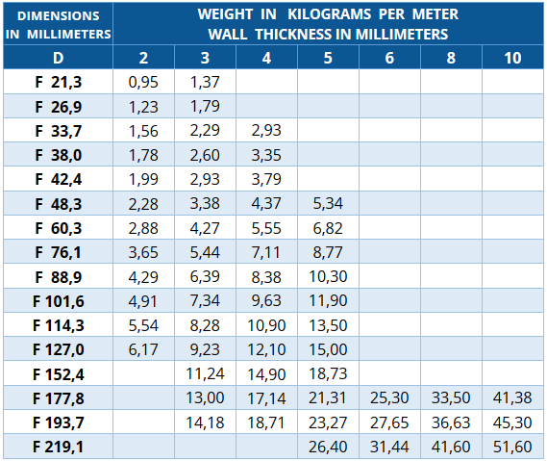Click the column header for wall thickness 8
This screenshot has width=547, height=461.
click(451, 58)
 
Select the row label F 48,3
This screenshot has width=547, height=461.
click(59, 204)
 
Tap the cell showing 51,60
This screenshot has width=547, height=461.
click(512, 447)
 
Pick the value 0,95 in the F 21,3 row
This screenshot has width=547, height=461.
click(143, 82)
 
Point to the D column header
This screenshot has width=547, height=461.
click(59, 58)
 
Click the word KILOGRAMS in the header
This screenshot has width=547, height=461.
click(330, 14)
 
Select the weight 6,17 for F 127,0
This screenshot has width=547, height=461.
click(143, 349)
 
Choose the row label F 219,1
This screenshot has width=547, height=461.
click(59, 447)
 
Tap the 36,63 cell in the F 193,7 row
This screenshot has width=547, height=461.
click(451, 423)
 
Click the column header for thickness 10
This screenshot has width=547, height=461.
click(512, 58)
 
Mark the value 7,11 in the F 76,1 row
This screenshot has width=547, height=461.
click(266, 252)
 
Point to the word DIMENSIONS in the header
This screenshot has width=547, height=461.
click(59, 15)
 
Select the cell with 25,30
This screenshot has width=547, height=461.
click(389, 398)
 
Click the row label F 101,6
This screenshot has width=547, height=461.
click(59, 301)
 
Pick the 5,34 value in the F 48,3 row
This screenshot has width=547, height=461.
click(328, 204)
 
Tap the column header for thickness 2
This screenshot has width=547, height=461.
click(143, 58)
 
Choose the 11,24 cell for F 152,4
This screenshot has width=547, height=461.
click(205, 374)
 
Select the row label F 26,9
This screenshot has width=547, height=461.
click(59, 107)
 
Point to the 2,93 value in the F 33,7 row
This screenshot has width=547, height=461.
click(266, 131)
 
